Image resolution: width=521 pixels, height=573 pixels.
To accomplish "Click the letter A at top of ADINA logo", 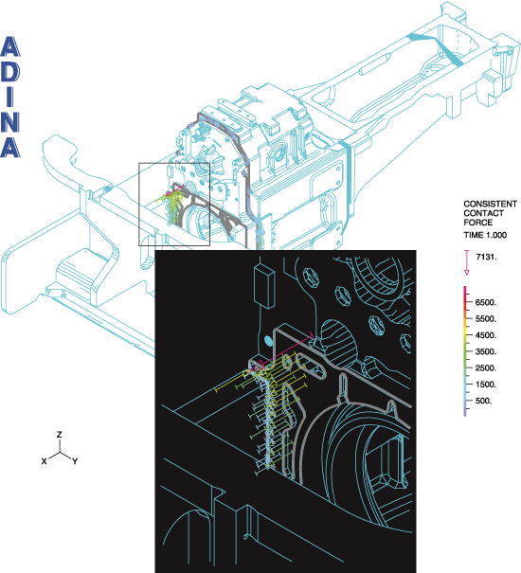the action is [x=10, y=46].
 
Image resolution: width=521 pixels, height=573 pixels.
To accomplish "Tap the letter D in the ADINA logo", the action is [x=10, y=72].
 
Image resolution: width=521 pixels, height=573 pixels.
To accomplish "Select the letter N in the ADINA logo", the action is [x=9, y=121].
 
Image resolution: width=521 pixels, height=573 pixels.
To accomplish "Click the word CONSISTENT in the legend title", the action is [x=491, y=204].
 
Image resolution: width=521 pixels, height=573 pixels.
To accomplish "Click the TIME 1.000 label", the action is [x=485, y=235].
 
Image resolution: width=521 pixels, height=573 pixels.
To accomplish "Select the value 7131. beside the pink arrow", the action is [x=486, y=257].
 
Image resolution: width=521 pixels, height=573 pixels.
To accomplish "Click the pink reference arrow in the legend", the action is [x=466, y=262].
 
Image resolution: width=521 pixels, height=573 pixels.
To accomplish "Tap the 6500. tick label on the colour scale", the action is [x=486, y=302].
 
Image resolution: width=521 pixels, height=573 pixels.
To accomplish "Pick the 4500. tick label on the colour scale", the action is [x=486, y=335].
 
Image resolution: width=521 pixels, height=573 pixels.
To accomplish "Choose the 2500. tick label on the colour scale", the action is [x=486, y=368].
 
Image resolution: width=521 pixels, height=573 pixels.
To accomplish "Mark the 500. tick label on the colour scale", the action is [x=484, y=401].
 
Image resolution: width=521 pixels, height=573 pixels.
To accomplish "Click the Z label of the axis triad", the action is [x=60, y=435].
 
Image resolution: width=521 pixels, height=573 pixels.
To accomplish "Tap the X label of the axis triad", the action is [x=45, y=461].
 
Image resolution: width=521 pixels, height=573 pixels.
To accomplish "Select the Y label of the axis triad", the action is [x=75, y=461].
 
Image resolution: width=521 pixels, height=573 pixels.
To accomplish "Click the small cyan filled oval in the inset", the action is [x=269, y=341].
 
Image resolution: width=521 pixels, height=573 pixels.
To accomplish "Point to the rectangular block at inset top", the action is [x=264, y=286].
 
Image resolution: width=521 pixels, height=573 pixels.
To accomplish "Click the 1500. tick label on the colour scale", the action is [x=486, y=385].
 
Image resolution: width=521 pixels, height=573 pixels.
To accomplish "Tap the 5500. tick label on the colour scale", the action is [x=486, y=318].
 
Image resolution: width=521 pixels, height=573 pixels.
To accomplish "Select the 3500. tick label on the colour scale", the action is [x=486, y=351].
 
